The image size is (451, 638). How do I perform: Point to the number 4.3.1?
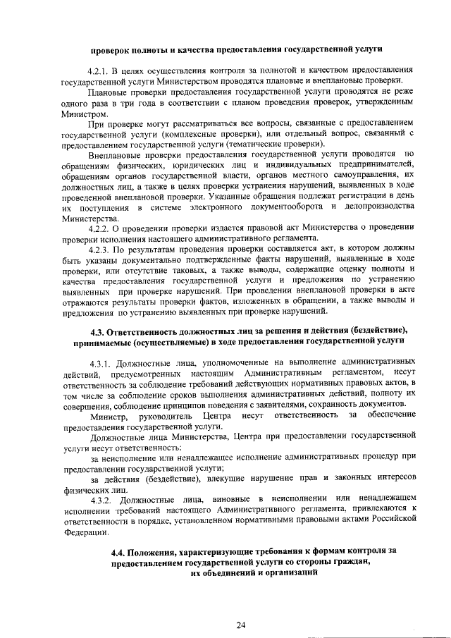(102, 363)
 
